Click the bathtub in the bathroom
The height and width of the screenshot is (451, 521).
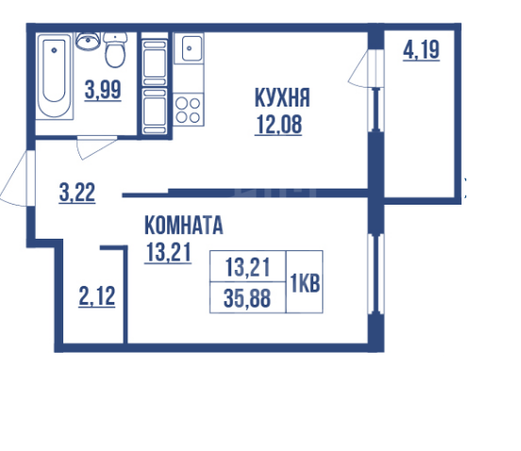tap(55, 76)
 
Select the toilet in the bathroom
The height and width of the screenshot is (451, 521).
tap(116, 52)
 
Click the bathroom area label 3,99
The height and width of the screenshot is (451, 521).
tap(101, 92)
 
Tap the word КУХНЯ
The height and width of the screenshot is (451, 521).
tap(282, 97)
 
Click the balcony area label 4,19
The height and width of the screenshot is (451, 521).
tap(420, 50)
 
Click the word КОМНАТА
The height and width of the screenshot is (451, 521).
tap(183, 226)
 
